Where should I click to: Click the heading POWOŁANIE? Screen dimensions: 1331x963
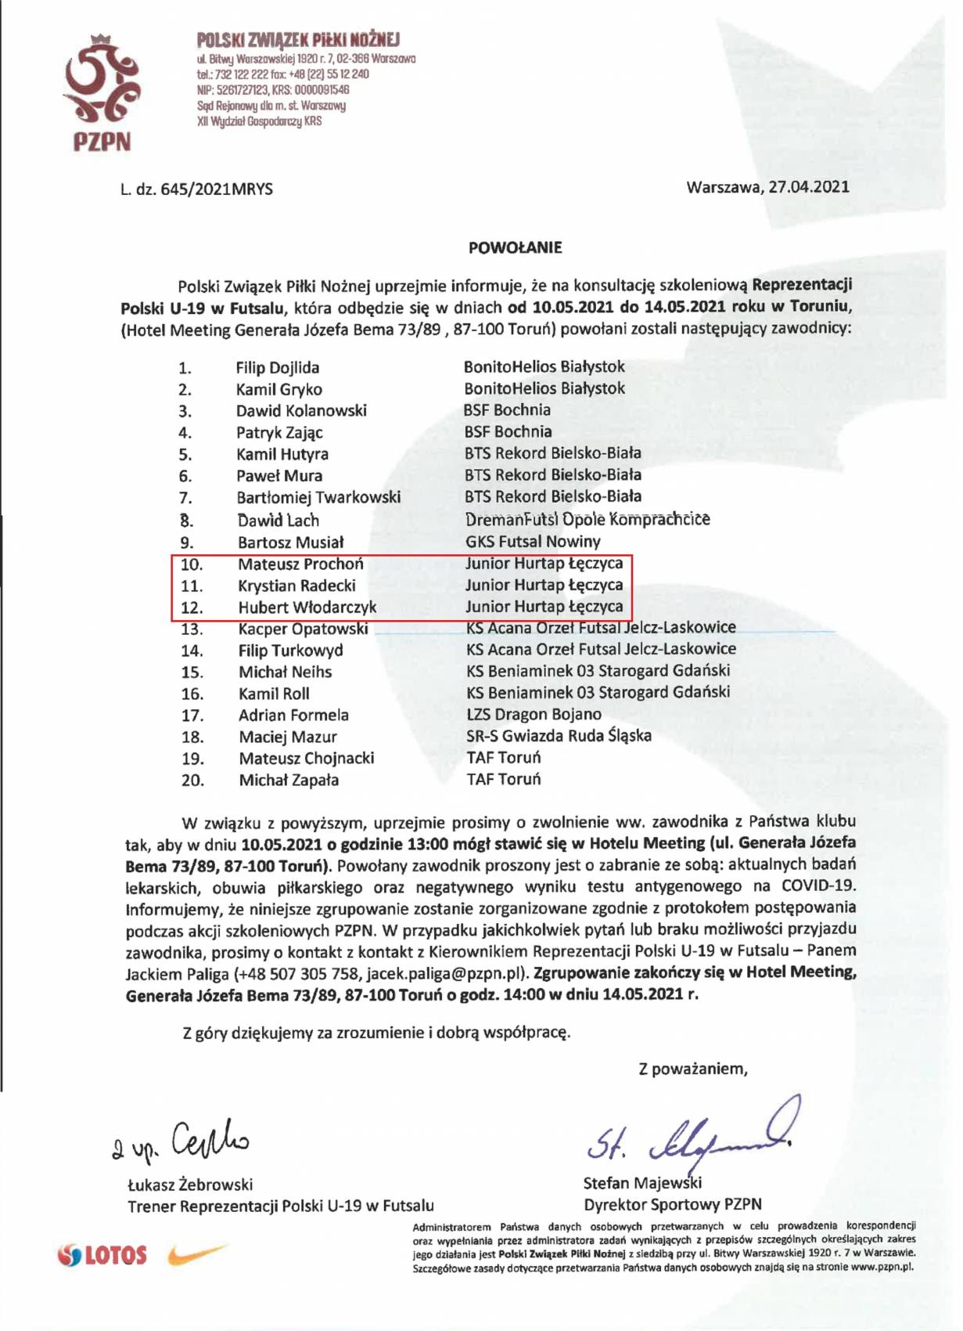515,247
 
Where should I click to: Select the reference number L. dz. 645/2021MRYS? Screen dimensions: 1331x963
196,189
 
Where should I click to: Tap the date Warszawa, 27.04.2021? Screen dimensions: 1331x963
767,186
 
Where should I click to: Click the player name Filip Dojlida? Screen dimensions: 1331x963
278,367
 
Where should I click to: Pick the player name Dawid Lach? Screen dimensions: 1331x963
278,520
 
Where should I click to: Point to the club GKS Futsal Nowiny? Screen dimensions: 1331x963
533,541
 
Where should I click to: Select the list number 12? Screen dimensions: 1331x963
192,607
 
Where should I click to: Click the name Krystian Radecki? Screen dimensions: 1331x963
296,585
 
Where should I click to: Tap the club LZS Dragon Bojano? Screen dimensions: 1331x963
534,714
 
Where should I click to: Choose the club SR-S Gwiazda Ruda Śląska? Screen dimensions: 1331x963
559,735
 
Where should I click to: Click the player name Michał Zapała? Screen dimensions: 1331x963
289,780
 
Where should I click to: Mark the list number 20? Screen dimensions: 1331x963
192,780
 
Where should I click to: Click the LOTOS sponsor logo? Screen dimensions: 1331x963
102,1255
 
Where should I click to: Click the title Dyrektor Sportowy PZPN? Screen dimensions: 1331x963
673,1204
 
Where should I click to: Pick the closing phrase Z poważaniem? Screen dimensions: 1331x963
692,1069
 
